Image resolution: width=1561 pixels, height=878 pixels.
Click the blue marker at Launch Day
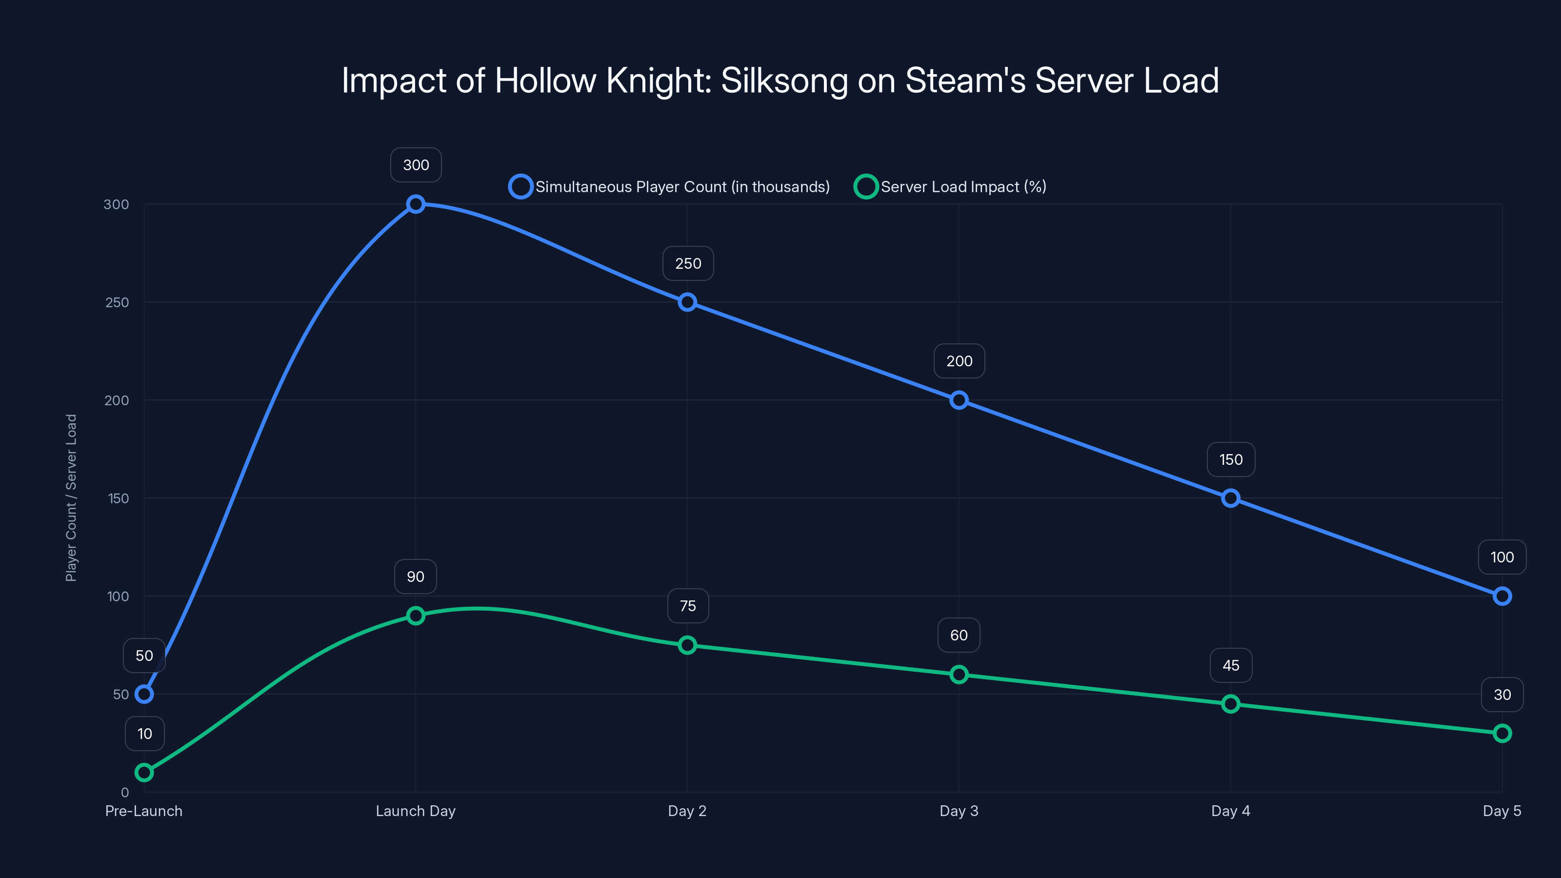(416, 204)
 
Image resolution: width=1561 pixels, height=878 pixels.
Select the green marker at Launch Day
(416, 616)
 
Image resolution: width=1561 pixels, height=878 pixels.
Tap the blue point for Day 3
(959, 400)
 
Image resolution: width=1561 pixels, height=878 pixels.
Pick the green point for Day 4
(1230, 704)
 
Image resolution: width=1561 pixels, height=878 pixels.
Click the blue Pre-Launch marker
(144, 695)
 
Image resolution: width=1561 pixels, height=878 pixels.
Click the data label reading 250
(688, 263)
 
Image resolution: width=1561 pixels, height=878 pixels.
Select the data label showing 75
(688, 606)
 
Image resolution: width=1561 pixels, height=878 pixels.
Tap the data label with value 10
(144, 734)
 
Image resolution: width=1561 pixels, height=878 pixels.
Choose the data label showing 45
(1231, 665)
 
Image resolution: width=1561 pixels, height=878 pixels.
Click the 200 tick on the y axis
(117, 400)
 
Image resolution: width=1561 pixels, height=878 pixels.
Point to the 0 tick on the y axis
(125, 793)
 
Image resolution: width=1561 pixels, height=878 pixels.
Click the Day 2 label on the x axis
(687, 811)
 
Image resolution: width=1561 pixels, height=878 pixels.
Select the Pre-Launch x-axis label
(143, 811)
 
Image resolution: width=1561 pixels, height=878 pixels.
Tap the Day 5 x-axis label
(1501, 811)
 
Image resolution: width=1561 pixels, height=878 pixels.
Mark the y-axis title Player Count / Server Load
(72, 498)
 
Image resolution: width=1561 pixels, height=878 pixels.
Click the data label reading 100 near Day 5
(1501, 557)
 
